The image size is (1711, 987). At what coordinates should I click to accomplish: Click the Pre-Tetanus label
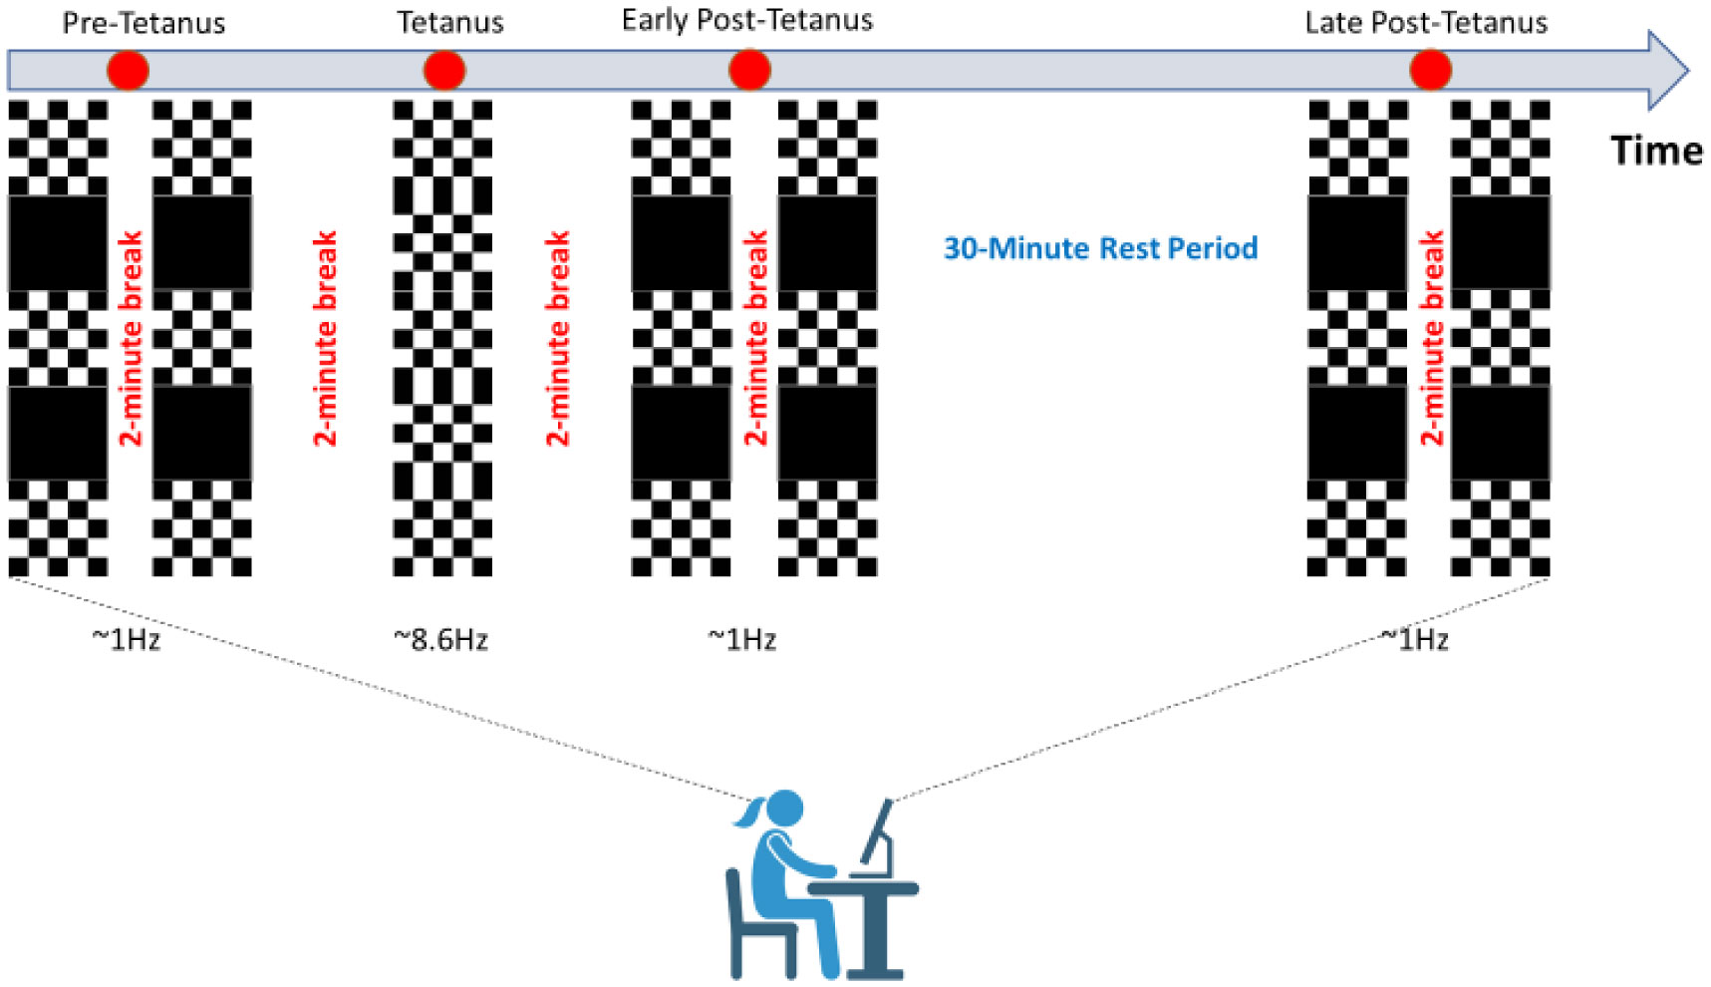pyautogui.click(x=143, y=23)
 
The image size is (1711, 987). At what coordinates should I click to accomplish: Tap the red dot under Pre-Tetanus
pyautogui.click(x=128, y=71)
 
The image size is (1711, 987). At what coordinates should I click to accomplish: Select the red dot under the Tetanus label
pyautogui.click(x=444, y=71)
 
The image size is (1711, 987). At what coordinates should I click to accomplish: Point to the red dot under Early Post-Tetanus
pyautogui.click(x=749, y=71)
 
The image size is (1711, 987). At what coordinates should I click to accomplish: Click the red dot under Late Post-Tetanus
pyautogui.click(x=1430, y=71)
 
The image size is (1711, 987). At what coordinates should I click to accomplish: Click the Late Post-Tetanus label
pyautogui.click(x=1426, y=23)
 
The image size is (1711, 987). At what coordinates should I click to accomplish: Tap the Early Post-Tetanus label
pyautogui.click(x=746, y=21)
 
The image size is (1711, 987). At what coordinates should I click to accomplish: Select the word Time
pyautogui.click(x=1656, y=152)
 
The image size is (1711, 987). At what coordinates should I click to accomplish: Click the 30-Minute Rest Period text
pyautogui.click(x=1100, y=248)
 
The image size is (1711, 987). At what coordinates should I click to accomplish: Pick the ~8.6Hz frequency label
pyautogui.click(x=440, y=639)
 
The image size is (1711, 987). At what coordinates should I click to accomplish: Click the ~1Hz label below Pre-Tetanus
pyautogui.click(x=126, y=639)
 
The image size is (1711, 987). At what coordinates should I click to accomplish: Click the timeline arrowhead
pyautogui.click(x=1667, y=71)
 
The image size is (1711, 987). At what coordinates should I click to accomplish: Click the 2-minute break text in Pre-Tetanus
pyautogui.click(x=131, y=338)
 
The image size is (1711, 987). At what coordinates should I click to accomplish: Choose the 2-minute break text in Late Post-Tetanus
pyautogui.click(x=1431, y=338)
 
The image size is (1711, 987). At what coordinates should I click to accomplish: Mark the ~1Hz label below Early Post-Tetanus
pyautogui.click(x=741, y=639)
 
